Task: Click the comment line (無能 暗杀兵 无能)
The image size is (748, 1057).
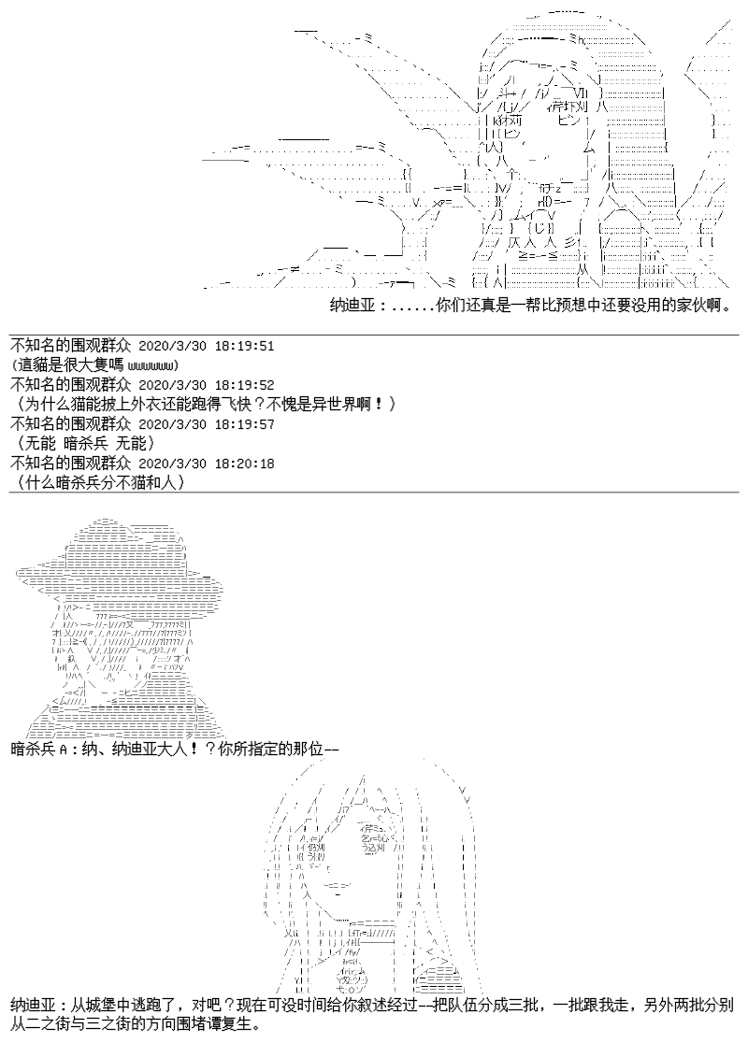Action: (x=86, y=443)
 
